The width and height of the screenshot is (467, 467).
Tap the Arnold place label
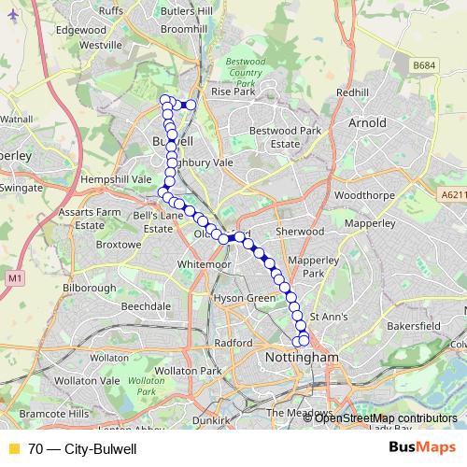click(x=367, y=122)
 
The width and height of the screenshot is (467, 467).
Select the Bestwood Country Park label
click(x=246, y=72)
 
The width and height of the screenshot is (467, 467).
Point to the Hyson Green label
click(x=246, y=298)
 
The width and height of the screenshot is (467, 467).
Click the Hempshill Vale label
click(x=116, y=177)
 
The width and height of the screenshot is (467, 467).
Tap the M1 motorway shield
click(x=13, y=278)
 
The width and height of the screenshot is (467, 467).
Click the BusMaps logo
click(x=421, y=448)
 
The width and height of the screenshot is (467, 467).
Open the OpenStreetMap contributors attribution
click(x=386, y=418)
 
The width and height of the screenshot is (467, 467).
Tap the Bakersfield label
click(x=414, y=326)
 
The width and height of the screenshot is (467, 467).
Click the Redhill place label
click(x=353, y=92)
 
